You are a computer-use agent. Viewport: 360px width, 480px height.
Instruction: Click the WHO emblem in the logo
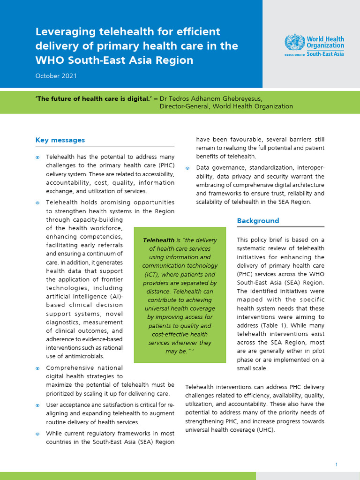(294, 42)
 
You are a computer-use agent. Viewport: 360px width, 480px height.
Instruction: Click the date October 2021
(56, 75)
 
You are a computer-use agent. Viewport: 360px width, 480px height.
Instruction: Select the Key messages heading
(60, 140)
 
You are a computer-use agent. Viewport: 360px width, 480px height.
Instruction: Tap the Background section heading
(258, 220)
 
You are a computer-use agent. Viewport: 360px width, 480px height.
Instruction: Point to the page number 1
(337, 464)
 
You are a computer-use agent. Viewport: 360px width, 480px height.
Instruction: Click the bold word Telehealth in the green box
(158, 240)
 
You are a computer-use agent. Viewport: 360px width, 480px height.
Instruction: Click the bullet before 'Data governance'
(187, 168)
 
